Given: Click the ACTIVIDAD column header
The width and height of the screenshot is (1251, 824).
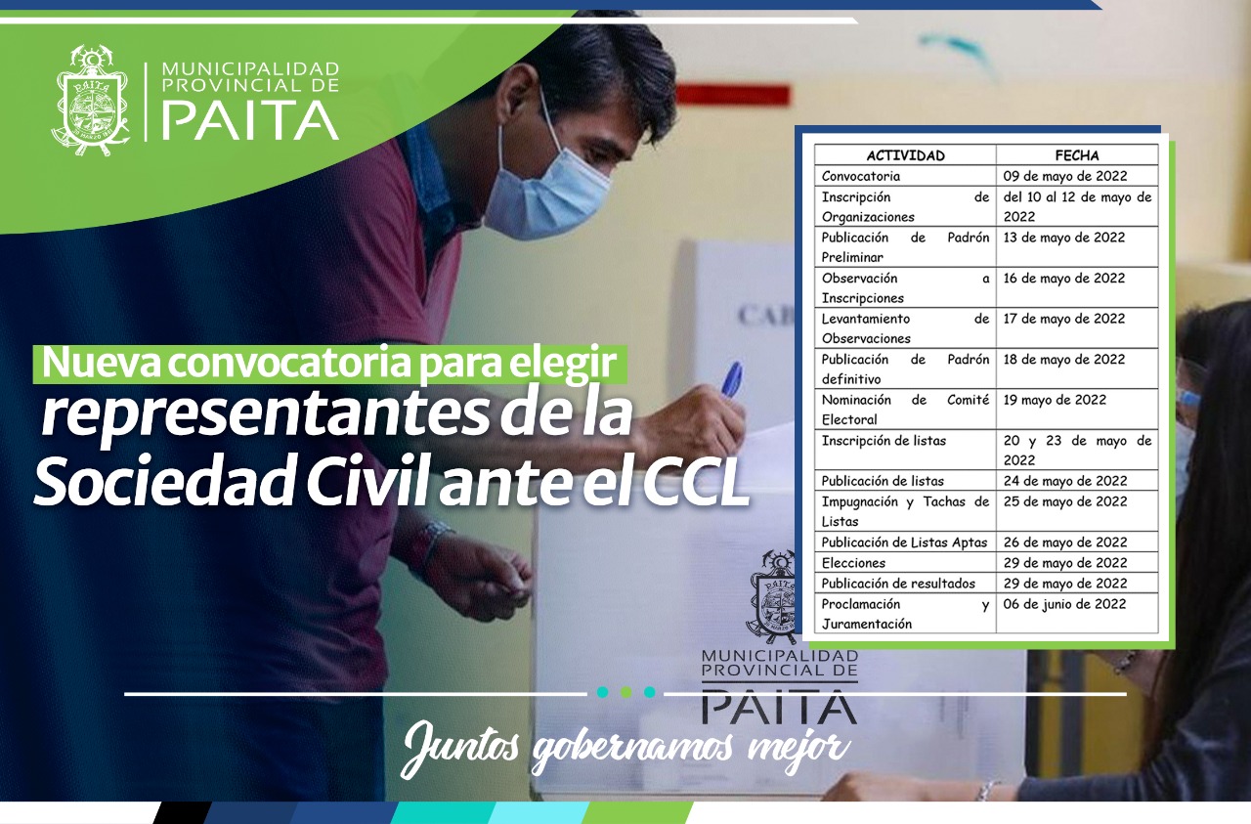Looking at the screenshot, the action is click(x=905, y=155).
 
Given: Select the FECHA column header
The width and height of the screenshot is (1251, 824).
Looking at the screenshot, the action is click(x=1077, y=155).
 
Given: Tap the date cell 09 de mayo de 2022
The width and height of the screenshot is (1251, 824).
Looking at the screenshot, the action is click(x=1065, y=176).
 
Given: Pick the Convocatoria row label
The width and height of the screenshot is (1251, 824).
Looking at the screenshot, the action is click(x=861, y=176).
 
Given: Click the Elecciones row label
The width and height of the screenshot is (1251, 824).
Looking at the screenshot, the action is click(x=853, y=563).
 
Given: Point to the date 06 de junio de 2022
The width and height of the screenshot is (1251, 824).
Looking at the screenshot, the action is click(x=1064, y=604).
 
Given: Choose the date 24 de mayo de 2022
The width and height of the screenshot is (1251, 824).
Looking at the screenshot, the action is click(x=1065, y=481).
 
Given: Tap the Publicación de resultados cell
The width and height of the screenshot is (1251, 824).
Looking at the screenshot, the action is click(x=898, y=584).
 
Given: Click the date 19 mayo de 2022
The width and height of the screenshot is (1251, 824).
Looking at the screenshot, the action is click(x=1055, y=400).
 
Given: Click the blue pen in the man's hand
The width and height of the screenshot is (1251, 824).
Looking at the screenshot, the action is click(x=732, y=378).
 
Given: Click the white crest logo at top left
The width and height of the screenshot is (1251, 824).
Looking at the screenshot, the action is click(x=91, y=101).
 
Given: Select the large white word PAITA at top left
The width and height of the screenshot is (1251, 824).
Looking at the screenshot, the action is click(x=250, y=120).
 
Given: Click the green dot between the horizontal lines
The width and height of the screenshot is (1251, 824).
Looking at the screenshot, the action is click(x=625, y=693).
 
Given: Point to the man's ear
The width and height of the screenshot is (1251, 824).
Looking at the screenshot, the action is click(x=513, y=84).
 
